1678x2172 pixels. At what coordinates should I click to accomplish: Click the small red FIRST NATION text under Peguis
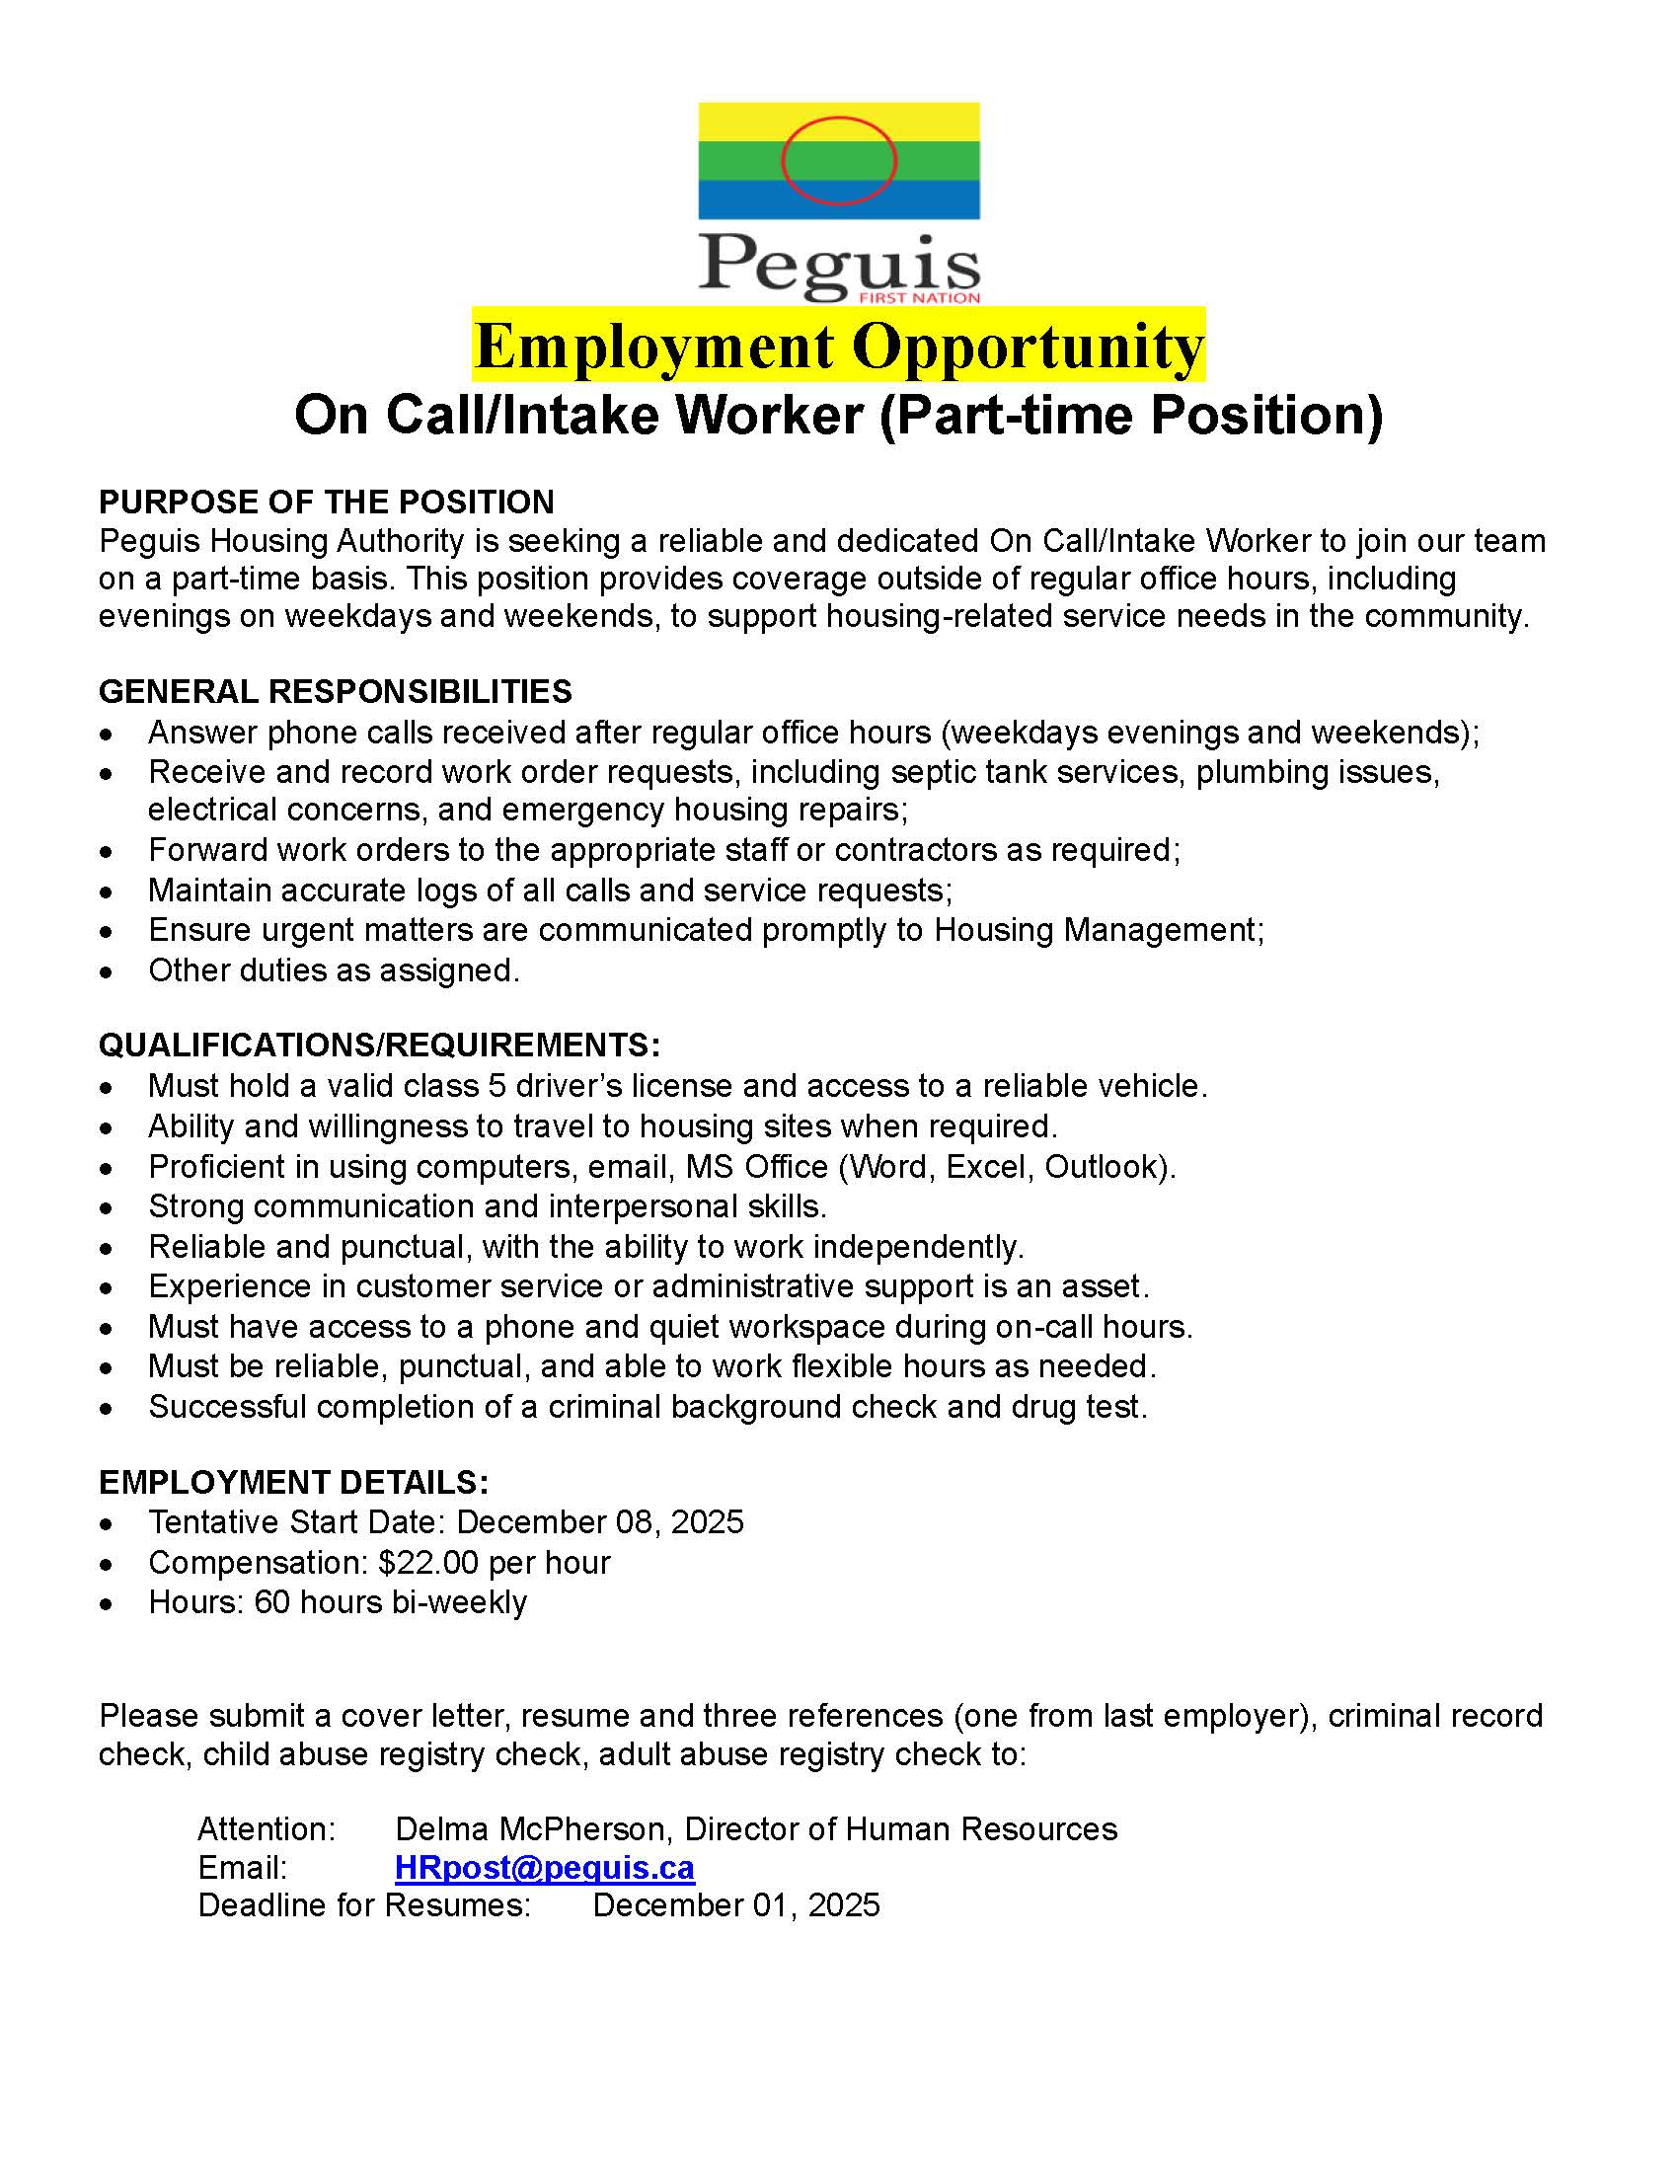point(921,297)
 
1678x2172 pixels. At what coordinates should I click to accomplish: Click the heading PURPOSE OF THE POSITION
point(326,503)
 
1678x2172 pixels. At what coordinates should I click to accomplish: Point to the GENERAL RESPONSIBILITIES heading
point(335,691)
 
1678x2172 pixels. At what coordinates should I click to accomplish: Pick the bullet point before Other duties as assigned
point(107,970)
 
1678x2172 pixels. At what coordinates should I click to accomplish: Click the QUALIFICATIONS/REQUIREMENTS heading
point(379,1046)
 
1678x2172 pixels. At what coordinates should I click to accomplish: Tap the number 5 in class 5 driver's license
point(497,1086)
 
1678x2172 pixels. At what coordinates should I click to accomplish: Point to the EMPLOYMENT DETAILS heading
point(293,1483)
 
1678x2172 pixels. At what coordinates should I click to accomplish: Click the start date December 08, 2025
point(599,1522)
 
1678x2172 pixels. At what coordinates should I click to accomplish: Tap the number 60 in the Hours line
point(271,1603)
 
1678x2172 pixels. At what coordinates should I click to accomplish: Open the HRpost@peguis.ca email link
point(544,1868)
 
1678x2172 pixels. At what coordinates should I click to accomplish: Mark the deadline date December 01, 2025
point(735,1905)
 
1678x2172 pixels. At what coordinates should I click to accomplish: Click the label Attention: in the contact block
point(267,1828)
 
